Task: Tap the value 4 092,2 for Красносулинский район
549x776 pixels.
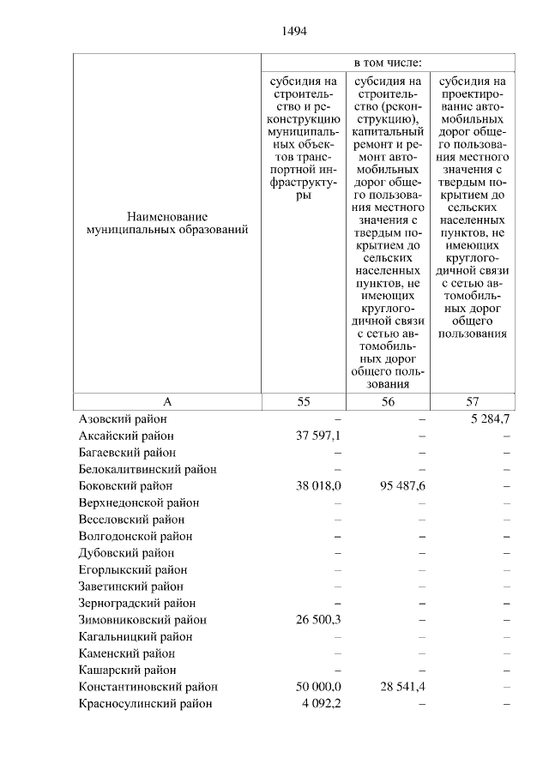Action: point(323,704)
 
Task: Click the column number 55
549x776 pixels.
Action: point(304,401)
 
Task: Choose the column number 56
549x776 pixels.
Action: point(388,401)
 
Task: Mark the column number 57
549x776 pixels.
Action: point(472,401)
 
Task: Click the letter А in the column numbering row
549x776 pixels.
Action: point(167,401)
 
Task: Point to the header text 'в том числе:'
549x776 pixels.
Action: point(388,63)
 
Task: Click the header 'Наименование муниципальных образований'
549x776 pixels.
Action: point(167,224)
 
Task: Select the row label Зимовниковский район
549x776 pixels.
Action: point(142,620)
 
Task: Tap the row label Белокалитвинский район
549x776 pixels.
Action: point(148,470)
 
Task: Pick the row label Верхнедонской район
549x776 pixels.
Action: point(139,503)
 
